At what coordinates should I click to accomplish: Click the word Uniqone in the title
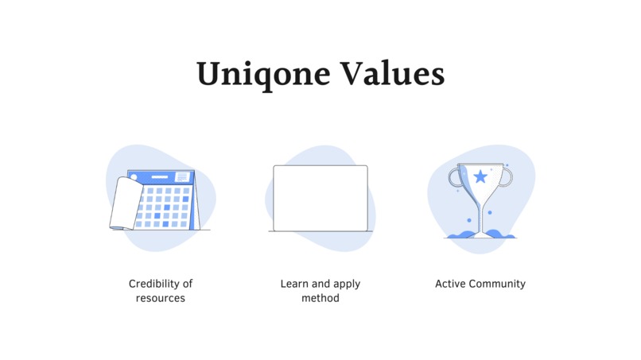pos(264,74)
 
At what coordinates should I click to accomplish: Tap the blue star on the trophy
pos(480,176)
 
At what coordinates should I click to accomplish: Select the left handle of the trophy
pos(455,176)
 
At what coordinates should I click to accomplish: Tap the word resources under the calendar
pos(161,298)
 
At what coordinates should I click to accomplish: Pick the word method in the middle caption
pos(320,298)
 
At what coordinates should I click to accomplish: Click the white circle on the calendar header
pos(134,177)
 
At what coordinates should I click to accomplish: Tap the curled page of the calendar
pos(123,204)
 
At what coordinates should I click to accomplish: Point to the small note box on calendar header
pos(182,176)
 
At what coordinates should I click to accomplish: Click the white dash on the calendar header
pos(159,177)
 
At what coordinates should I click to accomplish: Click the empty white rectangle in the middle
pos(320,198)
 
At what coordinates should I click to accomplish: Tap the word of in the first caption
pos(188,284)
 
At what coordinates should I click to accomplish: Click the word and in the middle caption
pos(320,284)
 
